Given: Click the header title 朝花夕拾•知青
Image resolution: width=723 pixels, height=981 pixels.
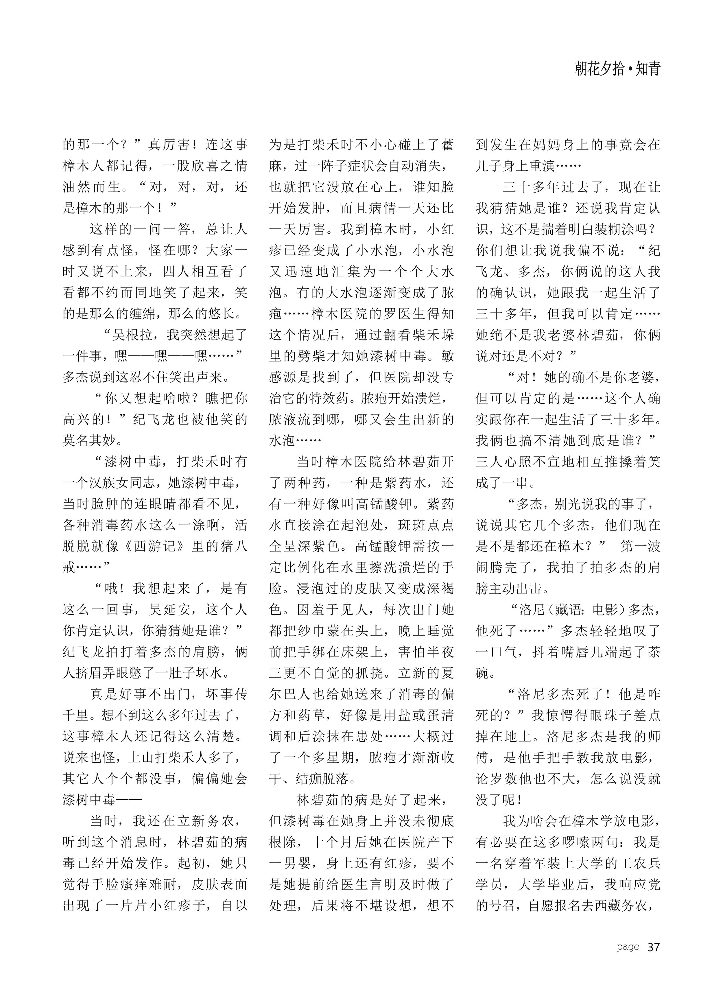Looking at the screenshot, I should pos(617,69).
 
